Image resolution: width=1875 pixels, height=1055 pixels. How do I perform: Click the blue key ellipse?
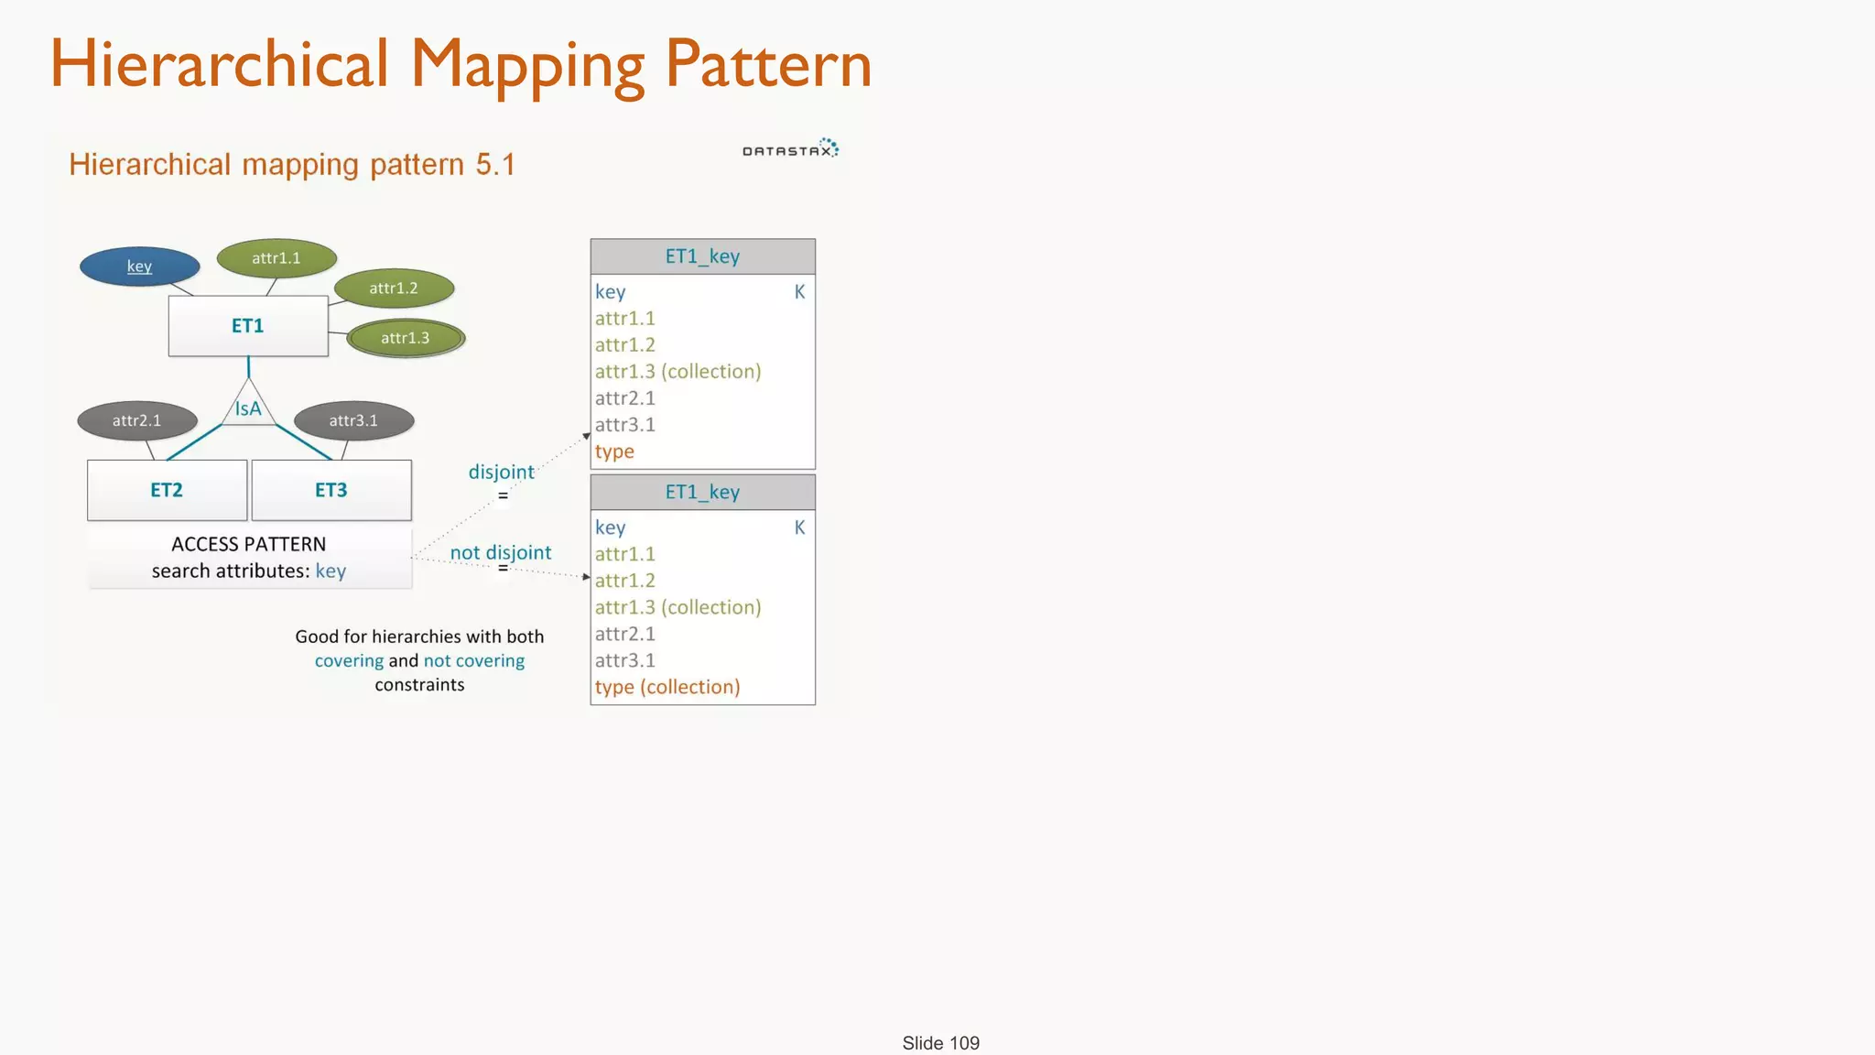[x=139, y=266]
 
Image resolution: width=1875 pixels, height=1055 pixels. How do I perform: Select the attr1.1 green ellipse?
[x=276, y=258]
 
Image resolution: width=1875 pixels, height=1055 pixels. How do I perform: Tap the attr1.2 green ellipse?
[x=394, y=288]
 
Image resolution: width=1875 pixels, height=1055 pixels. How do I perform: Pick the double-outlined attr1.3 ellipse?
[x=406, y=338]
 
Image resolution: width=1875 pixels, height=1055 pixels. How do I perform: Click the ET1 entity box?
[x=248, y=326]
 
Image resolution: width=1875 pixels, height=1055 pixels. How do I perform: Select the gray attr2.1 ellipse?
[x=137, y=420]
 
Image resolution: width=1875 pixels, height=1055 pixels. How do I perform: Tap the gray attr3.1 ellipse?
[x=353, y=420]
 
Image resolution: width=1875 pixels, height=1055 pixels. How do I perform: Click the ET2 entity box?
[x=167, y=490]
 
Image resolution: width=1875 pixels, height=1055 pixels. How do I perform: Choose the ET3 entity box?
[x=331, y=490]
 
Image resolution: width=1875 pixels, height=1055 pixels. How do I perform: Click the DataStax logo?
[x=790, y=149]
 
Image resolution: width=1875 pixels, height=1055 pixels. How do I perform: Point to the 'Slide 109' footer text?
[x=940, y=1043]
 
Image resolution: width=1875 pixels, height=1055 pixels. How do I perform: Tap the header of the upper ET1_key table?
[x=702, y=256]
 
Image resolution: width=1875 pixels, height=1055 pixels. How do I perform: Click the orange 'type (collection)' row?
[x=667, y=687]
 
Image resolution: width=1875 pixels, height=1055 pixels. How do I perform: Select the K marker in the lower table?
[x=799, y=527]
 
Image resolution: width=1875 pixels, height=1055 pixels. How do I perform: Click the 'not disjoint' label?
[x=501, y=552]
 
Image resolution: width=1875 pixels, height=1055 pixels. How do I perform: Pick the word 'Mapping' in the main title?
[x=528, y=66]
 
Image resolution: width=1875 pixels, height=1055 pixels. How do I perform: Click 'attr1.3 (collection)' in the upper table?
[x=677, y=372]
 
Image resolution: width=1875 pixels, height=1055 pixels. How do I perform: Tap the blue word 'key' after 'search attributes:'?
[x=331, y=571]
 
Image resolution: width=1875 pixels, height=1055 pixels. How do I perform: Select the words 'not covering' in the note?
[x=473, y=661]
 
